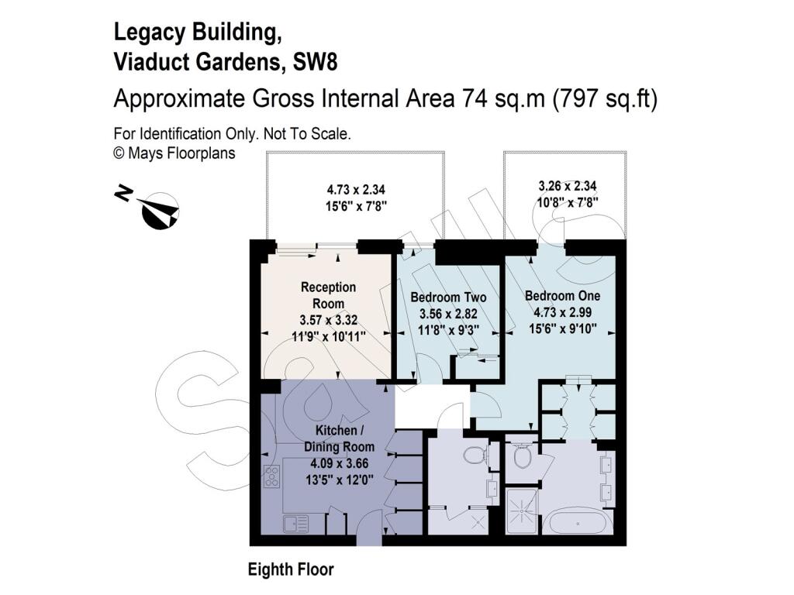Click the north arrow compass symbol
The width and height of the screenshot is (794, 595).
160,212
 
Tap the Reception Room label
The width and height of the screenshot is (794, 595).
328,295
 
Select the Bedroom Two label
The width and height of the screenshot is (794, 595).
448,297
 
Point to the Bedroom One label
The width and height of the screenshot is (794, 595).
563,295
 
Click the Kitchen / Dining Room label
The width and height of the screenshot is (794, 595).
339,439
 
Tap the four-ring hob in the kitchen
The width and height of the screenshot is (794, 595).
272,476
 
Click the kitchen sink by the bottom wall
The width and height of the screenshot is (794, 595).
296,524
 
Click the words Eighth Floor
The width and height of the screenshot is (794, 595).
291,569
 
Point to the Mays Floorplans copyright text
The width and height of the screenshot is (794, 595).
174,153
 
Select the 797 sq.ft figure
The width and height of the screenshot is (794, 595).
606,98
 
